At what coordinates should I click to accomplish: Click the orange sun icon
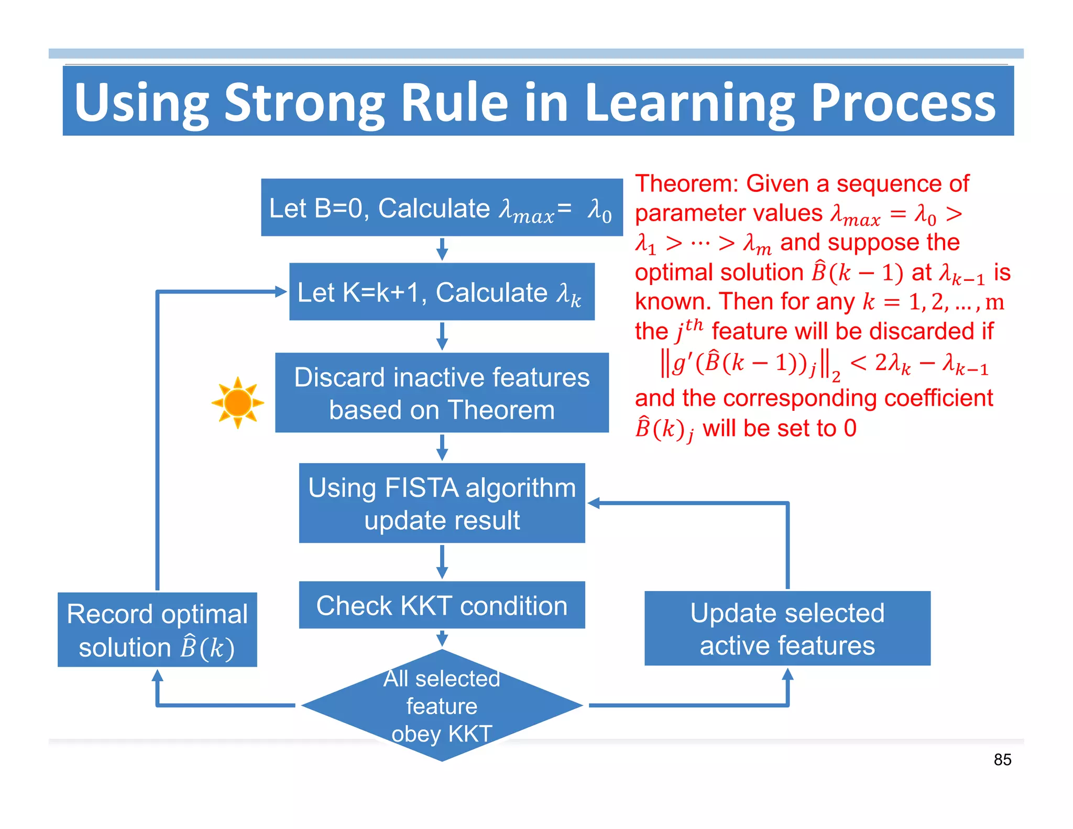(238, 402)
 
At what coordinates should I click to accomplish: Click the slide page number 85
(1002, 759)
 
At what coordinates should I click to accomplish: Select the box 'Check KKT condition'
(442, 605)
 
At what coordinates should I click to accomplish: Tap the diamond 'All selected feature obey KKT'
(442, 705)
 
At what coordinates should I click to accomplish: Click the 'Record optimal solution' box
(157, 629)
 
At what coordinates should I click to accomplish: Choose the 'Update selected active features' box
(787, 628)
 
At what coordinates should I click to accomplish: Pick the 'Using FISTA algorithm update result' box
(442, 503)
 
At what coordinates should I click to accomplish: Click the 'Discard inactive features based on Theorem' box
(442, 392)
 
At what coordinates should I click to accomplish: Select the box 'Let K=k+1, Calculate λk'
(442, 292)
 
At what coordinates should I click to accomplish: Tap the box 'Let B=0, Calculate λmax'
(442, 208)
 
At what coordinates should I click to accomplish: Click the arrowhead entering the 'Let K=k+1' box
(282, 292)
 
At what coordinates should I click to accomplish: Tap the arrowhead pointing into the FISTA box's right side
(594, 503)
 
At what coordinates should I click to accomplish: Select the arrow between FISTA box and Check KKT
(442, 562)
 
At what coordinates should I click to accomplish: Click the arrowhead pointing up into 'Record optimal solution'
(157, 675)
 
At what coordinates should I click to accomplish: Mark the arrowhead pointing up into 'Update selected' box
(787, 674)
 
